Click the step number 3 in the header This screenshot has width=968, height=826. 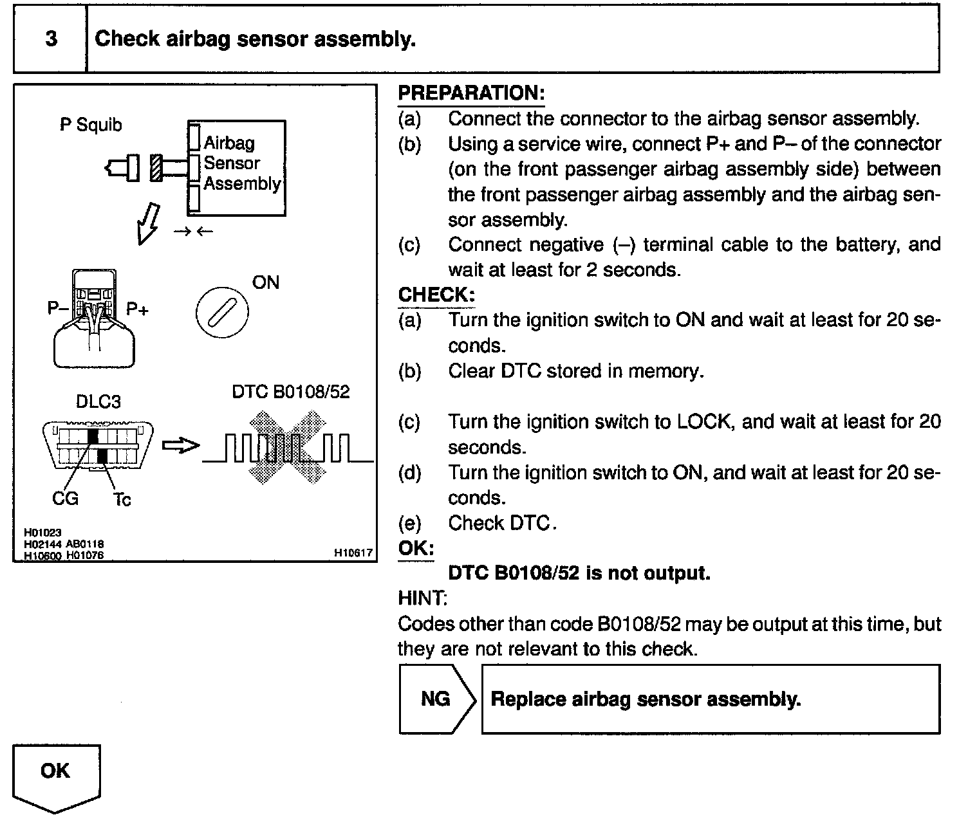click(x=50, y=39)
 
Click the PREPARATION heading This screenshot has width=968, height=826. click(x=471, y=93)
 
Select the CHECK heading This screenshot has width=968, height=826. click(x=436, y=295)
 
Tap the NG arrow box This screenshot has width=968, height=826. click(x=436, y=699)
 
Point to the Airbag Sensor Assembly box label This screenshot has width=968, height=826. click(x=241, y=163)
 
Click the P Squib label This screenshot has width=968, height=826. click(x=91, y=124)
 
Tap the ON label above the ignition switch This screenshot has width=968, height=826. click(x=265, y=282)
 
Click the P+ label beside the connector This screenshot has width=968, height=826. click(x=137, y=309)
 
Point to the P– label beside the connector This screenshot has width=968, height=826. click(x=58, y=308)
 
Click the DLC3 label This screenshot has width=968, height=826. click(x=98, y=402)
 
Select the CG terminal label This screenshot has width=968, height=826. click(x=65, y=498)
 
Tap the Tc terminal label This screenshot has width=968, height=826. click(x=122, y=499)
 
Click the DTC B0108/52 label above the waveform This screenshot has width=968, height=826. click(x=290, y=392)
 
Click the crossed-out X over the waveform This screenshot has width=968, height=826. click(x=288, y=447)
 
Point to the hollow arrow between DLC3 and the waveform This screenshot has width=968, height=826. click(x=181, y=445)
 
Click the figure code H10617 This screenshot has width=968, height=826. click(x=353, y=552)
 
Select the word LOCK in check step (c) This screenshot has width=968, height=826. click(x=703, y=422)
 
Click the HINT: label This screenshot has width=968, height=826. click(x=422, y=598)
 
